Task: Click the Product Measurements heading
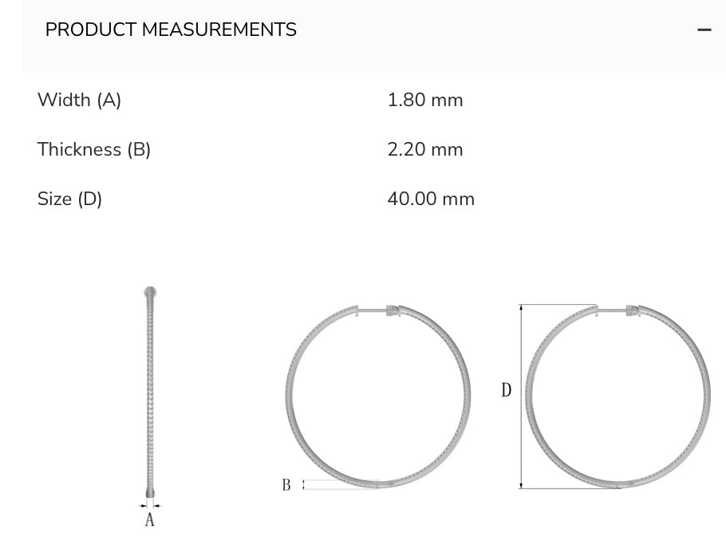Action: point(171,30)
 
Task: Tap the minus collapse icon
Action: point(704,30)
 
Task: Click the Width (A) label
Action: point(79,101)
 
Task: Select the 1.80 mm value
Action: point(425,101)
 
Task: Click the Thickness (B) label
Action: point(94,150)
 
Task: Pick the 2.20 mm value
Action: point(425,150)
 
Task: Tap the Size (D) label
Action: point(70,199)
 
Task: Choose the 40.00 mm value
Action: point(431,199)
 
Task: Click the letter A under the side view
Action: point(149,520)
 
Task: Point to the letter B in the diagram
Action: point(286,484)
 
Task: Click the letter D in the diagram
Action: point(506,391)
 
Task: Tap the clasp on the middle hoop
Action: point(392,310)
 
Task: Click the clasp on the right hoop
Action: point(632,310)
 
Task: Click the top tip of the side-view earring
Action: point(149,290)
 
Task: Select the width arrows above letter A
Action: point(149,504)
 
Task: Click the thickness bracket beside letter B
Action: point(304,484)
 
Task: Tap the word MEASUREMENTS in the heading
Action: point(219,30)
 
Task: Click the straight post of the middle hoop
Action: point(371,310)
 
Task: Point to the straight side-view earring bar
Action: point(149,391)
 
